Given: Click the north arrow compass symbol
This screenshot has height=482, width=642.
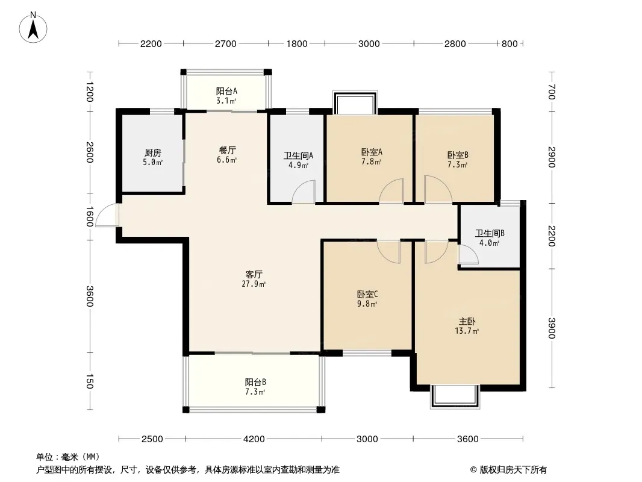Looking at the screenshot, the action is pos(33,27).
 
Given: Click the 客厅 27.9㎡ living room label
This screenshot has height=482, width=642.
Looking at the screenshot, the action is pos(254,279).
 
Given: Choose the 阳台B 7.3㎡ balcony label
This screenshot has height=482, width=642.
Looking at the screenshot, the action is pos(255,387).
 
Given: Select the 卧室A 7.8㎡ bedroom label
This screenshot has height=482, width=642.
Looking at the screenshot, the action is pos(372,157).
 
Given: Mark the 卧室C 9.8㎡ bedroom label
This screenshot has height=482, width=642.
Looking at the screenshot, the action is pos(367,299).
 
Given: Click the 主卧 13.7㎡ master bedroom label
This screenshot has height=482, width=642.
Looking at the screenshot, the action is pos(467,326).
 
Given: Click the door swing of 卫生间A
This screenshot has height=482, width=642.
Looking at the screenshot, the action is pos(304,192).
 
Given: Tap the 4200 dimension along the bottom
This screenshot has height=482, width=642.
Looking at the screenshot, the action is pos(254,439).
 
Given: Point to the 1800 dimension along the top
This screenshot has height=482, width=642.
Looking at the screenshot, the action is pos(297,44).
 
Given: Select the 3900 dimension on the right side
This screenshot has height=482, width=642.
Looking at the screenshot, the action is pos(552,328).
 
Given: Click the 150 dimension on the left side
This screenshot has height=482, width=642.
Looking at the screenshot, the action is pos(90,381).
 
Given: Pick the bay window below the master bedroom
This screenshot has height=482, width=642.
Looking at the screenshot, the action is pos(455,396).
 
